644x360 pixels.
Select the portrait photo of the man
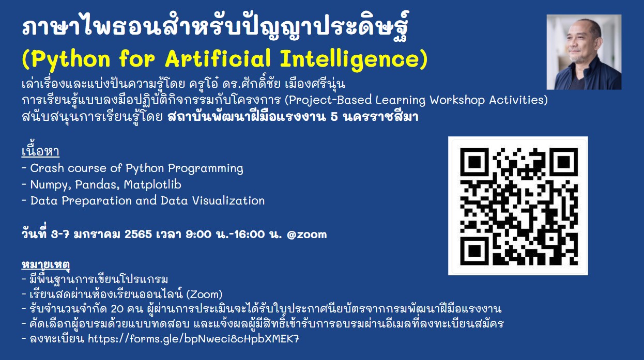(x=584, y=52)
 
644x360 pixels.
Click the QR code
(x=518, y=206)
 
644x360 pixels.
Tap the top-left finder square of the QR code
(x=474, y=162)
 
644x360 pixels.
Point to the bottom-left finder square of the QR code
(x=474, y=251)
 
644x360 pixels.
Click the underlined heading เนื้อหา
(x=40, y=150)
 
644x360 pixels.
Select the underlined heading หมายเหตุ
(x=45, y=264)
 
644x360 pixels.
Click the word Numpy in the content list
(x=51, y=185)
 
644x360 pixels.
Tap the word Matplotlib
(x=152, y=184)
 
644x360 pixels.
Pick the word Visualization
(x=228, y=200)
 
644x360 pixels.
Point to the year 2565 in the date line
(x=138, y=234)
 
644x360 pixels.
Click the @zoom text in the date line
(x=307, y=234)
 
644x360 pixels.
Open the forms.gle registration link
(x=193, y=339)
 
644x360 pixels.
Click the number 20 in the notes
(x=117, y=309)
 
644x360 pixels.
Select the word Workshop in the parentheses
(x=457, y=100)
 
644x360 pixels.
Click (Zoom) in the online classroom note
(x=204, y=294)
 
